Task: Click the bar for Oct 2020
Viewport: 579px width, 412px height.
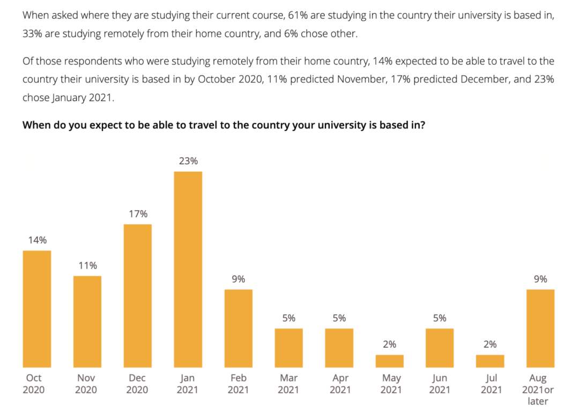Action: [37, 309]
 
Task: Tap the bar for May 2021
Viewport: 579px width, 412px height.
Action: [390, 361]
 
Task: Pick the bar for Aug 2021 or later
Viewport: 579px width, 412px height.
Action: [540, 328]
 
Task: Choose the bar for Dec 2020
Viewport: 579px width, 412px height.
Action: [138, 295]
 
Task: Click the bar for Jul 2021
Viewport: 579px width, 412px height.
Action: [490, 361]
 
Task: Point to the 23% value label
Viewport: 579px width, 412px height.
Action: [188, 161]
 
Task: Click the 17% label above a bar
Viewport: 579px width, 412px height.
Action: [138, 214]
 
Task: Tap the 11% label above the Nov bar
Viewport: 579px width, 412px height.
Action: [87, 266]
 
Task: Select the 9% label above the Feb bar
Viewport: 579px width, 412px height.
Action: [239, 279]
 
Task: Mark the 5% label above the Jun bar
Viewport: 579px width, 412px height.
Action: [440, 318]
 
